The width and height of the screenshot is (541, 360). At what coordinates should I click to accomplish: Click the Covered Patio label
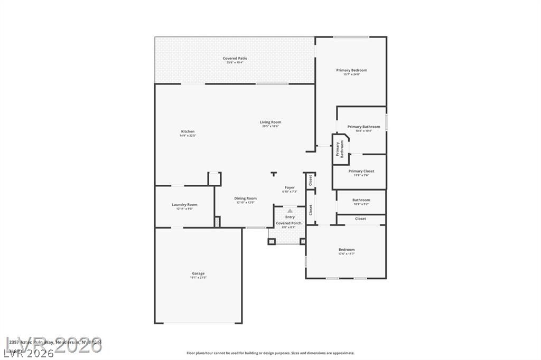(235, 59)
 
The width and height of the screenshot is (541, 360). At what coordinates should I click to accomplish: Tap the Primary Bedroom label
(351, 70)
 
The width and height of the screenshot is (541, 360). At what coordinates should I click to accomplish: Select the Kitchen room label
(188, 132)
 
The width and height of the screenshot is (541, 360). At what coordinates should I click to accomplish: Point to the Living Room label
(270, 122)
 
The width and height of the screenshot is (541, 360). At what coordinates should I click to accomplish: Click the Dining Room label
(245, 198)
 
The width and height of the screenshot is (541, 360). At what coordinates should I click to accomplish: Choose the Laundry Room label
(184, 205)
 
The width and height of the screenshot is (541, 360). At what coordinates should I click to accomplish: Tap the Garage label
(198, 273)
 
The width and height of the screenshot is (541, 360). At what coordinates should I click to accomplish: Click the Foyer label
(290, 187)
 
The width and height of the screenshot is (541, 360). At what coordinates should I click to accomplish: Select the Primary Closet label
(361, 171)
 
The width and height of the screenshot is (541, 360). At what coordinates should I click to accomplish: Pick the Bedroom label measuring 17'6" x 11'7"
(347, 250)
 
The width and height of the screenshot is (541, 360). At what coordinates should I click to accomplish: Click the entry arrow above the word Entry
(290, 211)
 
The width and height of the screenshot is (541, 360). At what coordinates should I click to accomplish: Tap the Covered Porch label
(289, 223)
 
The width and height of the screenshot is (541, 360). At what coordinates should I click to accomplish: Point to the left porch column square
(272, 242)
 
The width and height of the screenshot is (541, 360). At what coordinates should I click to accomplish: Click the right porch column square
(303, 242)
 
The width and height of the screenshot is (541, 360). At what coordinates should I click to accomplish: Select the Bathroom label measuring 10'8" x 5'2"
(361, 200)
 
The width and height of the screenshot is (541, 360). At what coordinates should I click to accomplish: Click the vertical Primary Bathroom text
(340, 149)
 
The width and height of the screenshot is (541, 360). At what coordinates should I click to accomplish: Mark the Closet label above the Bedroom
(360, 219)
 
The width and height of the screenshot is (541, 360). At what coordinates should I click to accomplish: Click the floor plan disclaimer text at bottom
(270, 353)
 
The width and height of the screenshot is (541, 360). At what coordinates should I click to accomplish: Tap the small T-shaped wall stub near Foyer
(273, 174)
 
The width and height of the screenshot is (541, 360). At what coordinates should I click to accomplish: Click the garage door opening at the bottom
(198, 323)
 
